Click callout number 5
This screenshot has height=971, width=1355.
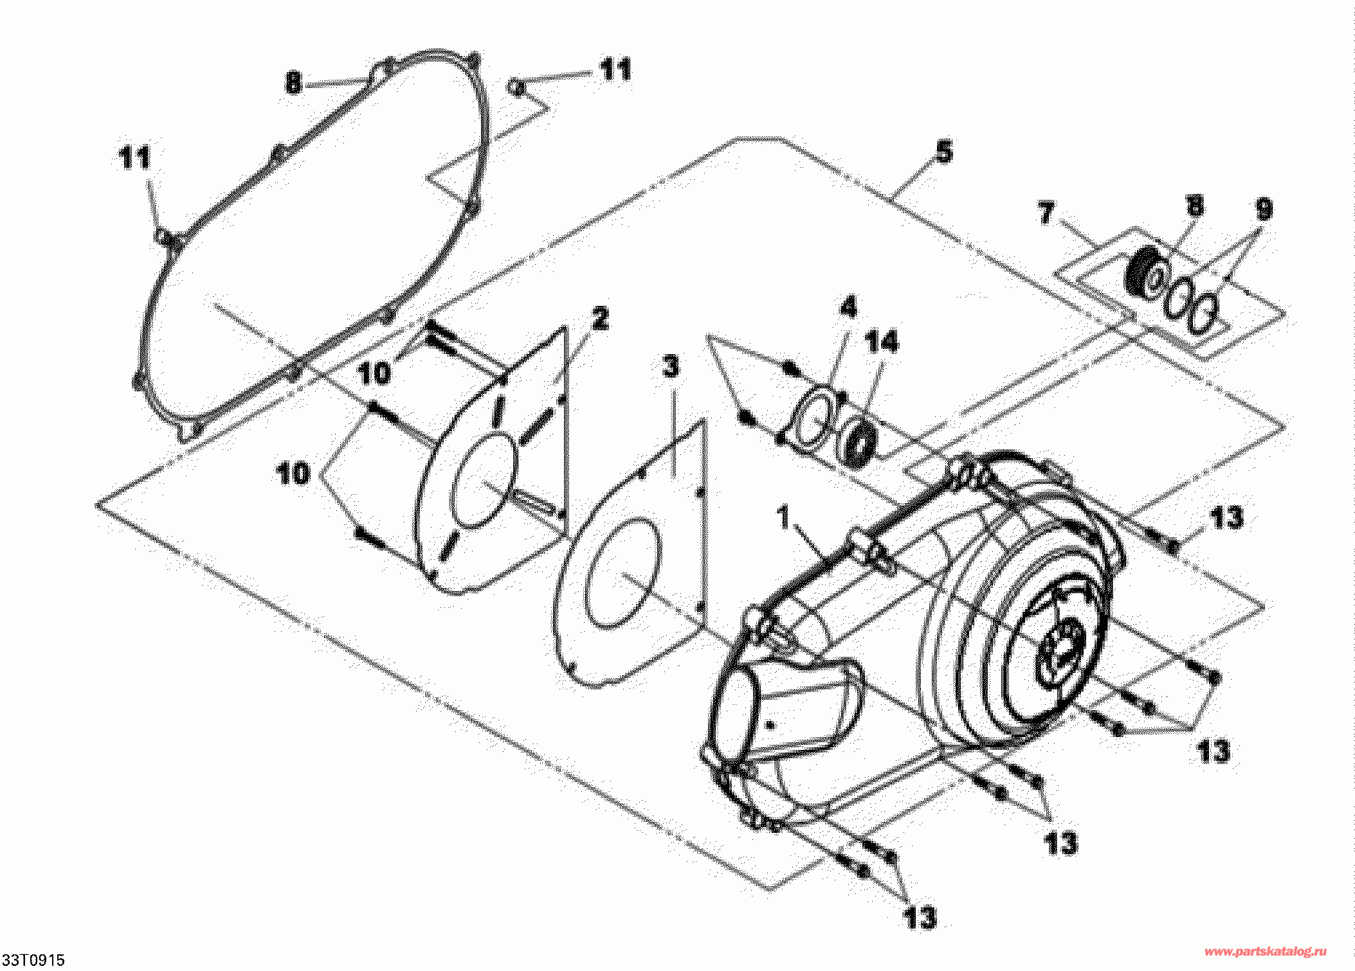pyautogui.click(x=943, y=152)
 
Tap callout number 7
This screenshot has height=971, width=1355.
pyautogui.click(x=1046, y=213)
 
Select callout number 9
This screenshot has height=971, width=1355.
pyautogui.click(x=1264, y=208)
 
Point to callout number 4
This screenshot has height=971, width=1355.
pyautogui.click(x=849, y=307)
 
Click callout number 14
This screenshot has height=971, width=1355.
pyautogui.click(x=882, y=341)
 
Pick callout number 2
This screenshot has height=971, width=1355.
pyautogui.click(x=599, y=318)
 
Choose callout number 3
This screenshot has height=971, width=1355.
pyautogui.click(x=671, y=367)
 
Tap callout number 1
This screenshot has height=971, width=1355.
pyautogui.click(x=783, y=517)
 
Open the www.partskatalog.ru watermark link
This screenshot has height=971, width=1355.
pyautogui.click(x=1266, y=952)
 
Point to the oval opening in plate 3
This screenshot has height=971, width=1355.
pyautogui.click(x=622, y=573)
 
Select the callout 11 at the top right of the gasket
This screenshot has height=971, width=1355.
pyautogui.click(x=615, y=69)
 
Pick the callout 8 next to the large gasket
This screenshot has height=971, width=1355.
pyautogui.click(x=293, y=82)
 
